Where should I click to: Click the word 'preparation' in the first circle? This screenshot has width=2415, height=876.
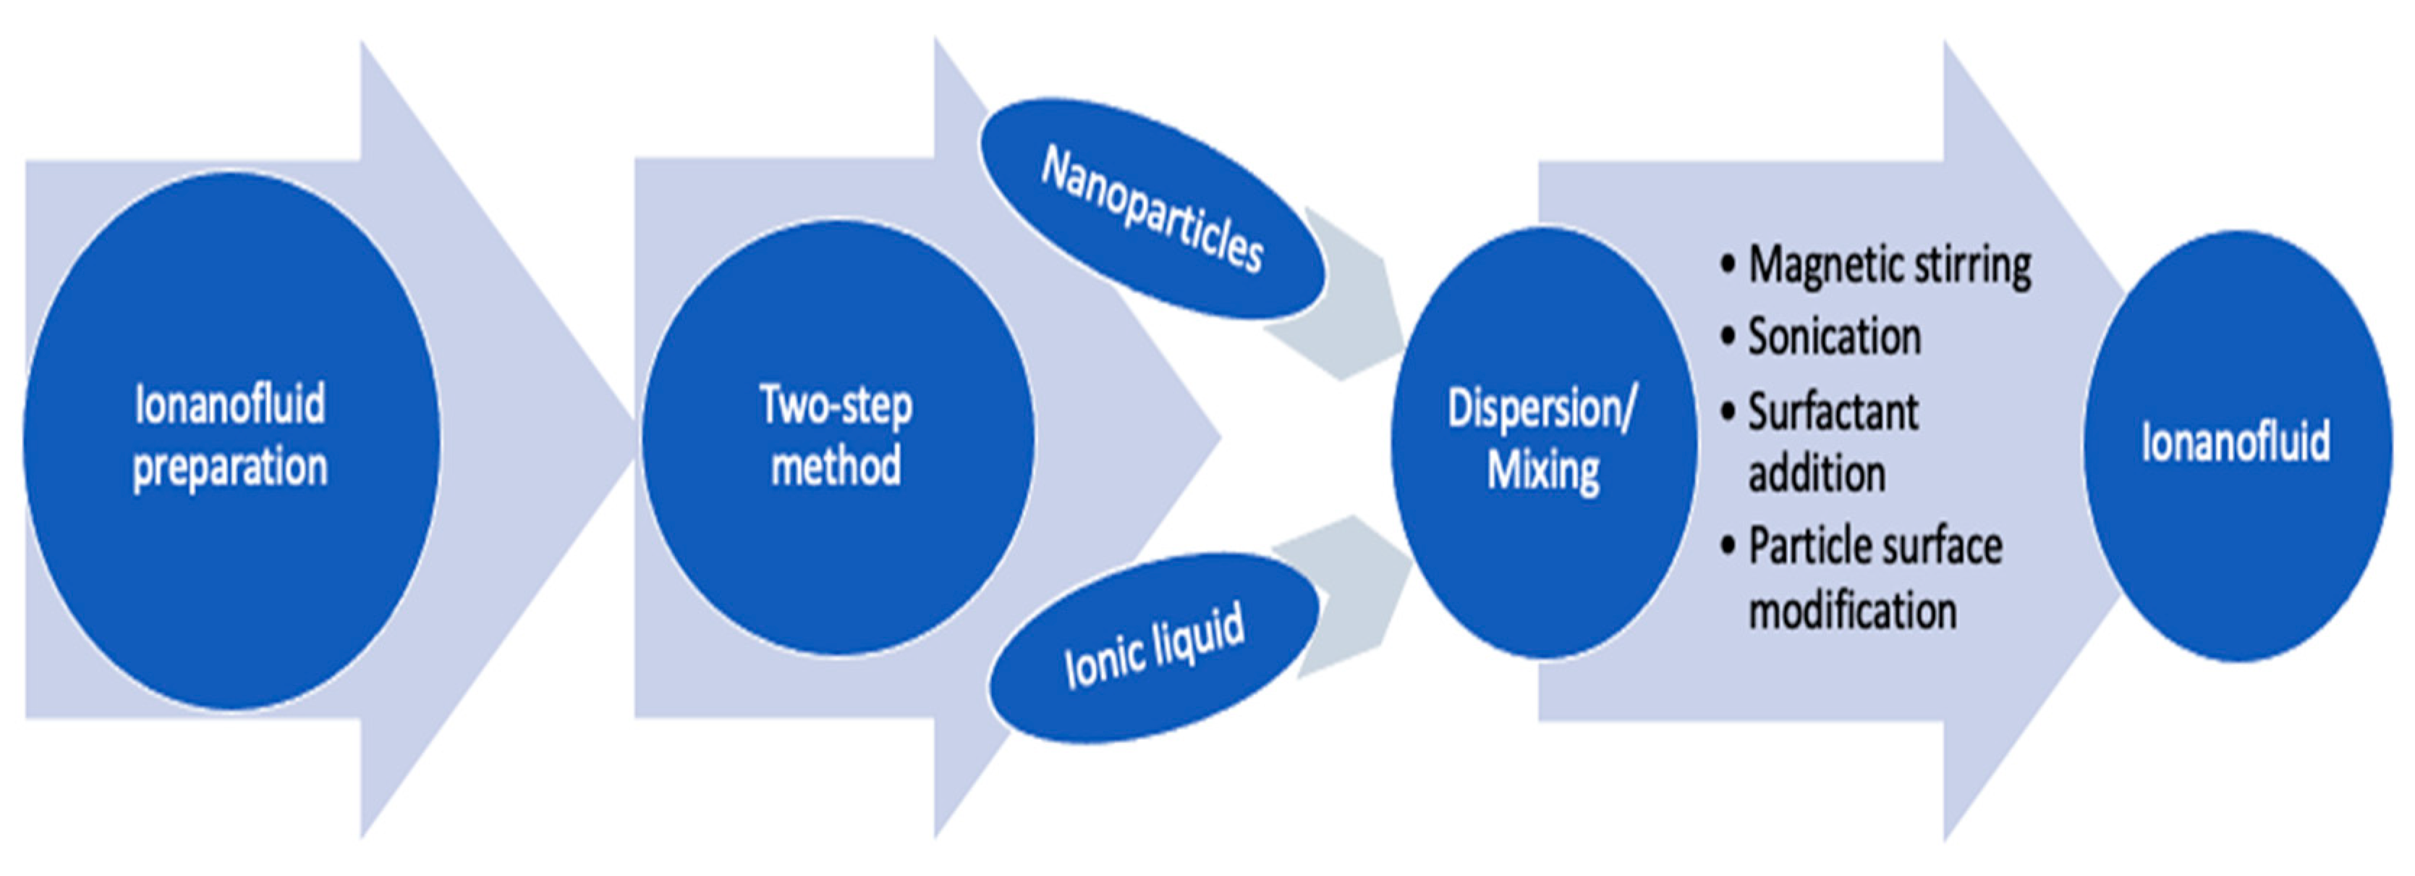point(229,467)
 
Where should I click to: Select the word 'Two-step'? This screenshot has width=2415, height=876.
point(836,405)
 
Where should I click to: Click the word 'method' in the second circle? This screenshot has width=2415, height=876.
point(836,466)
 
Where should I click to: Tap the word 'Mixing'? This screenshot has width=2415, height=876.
point(1542,470)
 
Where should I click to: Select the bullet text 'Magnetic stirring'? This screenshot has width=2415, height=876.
point(1889,266)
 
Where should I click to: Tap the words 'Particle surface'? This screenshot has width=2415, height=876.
point(1875,547)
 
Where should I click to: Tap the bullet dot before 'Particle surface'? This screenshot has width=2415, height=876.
point(1728,547)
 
